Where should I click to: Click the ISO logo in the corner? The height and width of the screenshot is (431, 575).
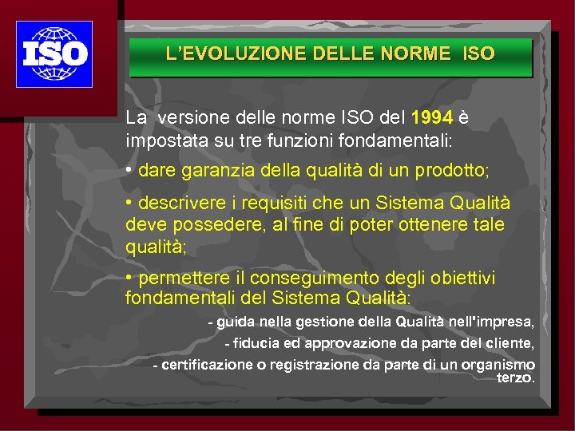(x=54, y=54)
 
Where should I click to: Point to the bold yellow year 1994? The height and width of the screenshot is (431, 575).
(x=431, y=118)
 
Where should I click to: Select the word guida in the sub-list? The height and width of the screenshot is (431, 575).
(x=232, y=322)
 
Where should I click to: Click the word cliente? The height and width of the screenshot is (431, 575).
(x=508, y=344)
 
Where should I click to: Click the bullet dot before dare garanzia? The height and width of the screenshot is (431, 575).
(x=129, y=170)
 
